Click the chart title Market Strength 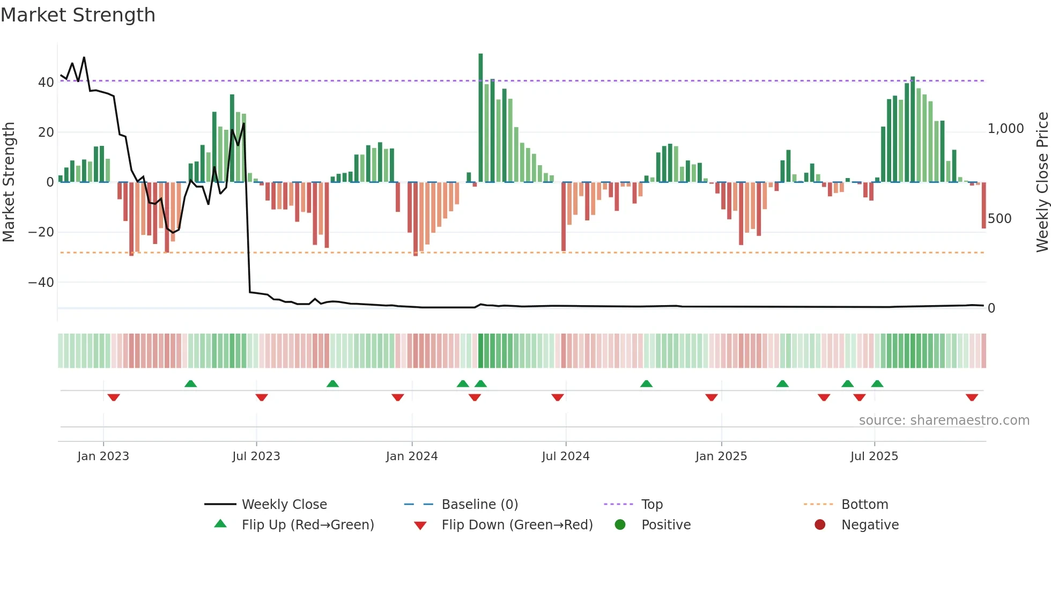coord(78,15)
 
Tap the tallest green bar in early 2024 coord(480,118)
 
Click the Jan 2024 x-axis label coord(412,456)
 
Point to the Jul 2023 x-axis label coord(256,456)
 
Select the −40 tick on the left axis coord(41,283)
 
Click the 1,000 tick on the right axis coord(1005,129)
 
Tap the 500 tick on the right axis coord(1000,219)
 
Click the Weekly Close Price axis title coord(1042,182)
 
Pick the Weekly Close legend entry coord(284,505)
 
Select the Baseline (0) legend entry coord(479,505)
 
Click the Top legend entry coord(652,505)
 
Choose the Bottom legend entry coord(864,505)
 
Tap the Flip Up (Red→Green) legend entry coord(307,525)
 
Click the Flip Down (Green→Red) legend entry coord(517,525)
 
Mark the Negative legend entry coord(870,525)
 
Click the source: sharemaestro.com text coord(944,420)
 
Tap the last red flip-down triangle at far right coord(972,397)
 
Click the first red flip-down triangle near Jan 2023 coord(114,397)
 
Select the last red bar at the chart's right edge coord(984,205)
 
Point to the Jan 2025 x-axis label coord(721,456)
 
